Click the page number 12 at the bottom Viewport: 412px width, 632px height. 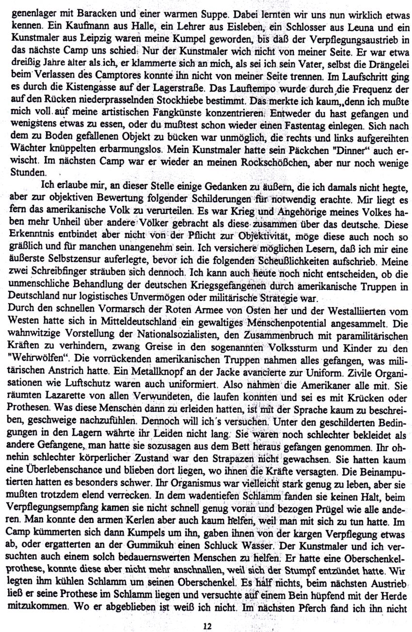coord(208,626)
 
